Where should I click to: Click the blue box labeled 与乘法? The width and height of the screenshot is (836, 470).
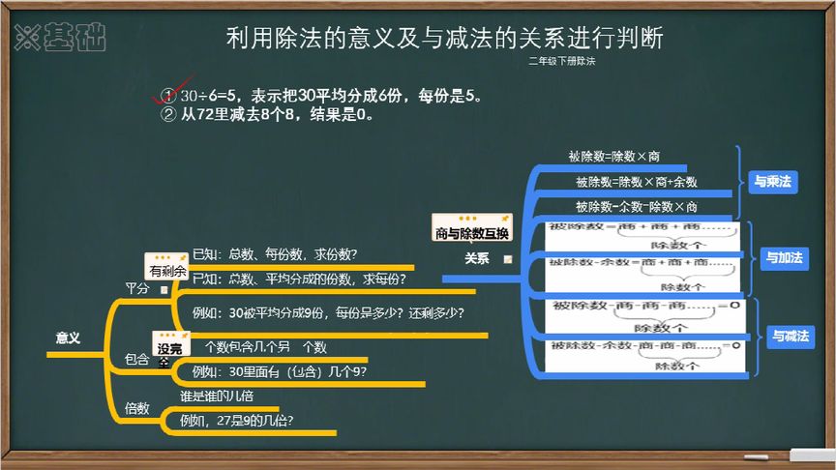click(772, 182)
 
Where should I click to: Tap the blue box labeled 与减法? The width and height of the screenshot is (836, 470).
click(791, 337)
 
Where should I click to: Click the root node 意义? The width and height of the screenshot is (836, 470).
click(68, 338)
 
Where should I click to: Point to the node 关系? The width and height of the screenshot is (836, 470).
click(476, 258)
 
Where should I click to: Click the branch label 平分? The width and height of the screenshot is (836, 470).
click(137, 289)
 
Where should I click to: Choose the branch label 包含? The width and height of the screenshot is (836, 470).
click(136, 360)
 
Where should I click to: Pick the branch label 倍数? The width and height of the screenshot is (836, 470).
click(136, 408)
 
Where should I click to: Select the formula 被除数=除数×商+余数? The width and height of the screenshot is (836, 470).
click(636, 181)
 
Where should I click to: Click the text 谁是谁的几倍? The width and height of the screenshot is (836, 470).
click(217, 396)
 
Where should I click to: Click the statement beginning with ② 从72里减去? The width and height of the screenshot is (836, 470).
click(266, 114)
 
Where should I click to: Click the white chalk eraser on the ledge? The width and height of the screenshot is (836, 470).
click(811, 455)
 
